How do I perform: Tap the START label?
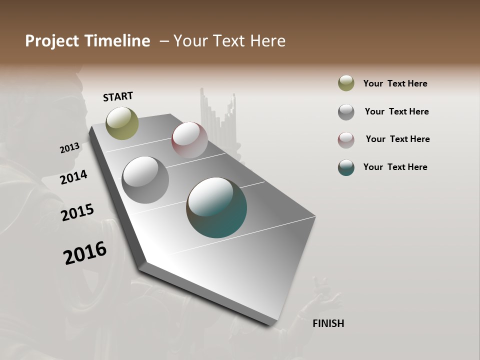click(x=118, y=96)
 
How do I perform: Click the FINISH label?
click(x=328, y=323)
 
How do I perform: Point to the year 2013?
click(x=69, y=148)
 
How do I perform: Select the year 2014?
click(x=73, y=177)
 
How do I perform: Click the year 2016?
click(x=85, y=253)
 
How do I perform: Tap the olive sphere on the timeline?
click(x=122, y=123)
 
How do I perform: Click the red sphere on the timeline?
click(x=189, y=139)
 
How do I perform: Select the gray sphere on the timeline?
click(x=145, y=180)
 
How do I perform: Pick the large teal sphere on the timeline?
click(x=216, y=207)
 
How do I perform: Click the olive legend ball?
click(x=346, y=83)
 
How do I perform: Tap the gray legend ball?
click(x=346, y=112)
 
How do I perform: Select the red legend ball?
click(x=346, y=140)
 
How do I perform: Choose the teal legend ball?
click(x=346, y=167)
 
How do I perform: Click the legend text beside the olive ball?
click(x=395, y=83)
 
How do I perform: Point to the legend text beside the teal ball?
click(x=395, y=167)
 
